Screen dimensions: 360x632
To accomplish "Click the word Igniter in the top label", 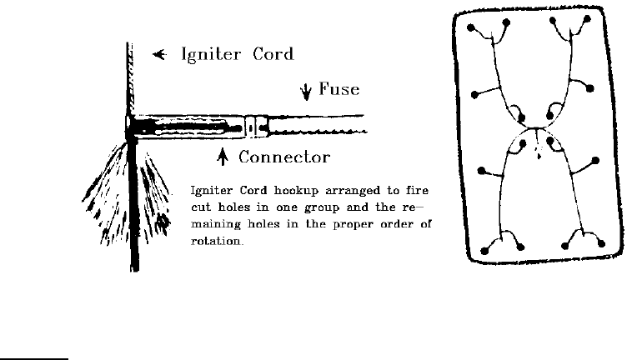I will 213,57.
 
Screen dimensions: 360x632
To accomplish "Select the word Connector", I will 284,157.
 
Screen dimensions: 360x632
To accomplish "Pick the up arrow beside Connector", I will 223,156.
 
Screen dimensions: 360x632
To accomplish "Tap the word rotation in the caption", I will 217,242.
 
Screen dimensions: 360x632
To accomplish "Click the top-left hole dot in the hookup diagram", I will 470,27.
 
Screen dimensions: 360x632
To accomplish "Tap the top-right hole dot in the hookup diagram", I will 588,18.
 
